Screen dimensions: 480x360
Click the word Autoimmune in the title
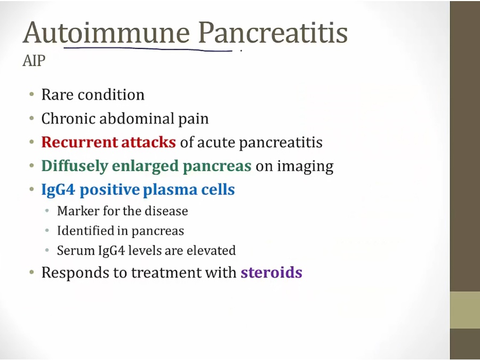pyautogui.click(x=106, y=33)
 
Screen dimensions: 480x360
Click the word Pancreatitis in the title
pyautogui.click(x=273, y=33)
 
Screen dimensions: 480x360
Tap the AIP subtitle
pyautogui.click(x=34, y=61)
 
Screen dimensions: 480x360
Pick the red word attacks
pyautogui.click(x=148, y=142)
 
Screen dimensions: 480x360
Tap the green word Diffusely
pyautogui.click(x=75, y=166)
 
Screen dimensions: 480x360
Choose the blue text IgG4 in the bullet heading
pyautogui.click(x=58, y=190)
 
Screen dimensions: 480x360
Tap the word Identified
pyautogui.click(x=85, y=231)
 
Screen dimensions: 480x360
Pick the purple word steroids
pyautogui.click(x=271, y=273)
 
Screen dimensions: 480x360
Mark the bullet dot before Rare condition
pyautogui.click(x=31, y=94)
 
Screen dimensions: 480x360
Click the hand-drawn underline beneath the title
pyautogui.click(x=148, y=49)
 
